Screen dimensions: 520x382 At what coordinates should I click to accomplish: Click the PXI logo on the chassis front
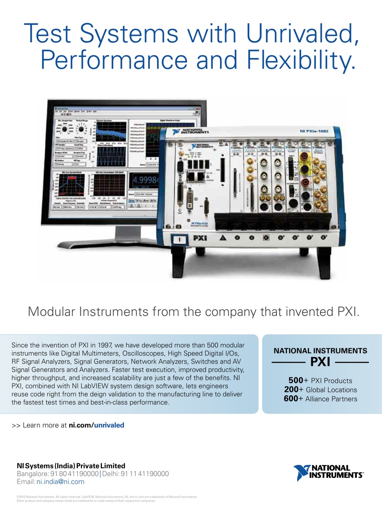(199, 238)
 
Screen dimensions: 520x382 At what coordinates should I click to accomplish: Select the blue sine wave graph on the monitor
(111, 156)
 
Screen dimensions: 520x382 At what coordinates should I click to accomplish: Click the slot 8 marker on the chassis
(324, 237)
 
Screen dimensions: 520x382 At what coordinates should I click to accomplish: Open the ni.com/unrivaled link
(96, 425)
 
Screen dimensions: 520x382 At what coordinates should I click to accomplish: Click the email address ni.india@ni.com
(60, 482)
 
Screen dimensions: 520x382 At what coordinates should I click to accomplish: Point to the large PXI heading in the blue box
(320, 362)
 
